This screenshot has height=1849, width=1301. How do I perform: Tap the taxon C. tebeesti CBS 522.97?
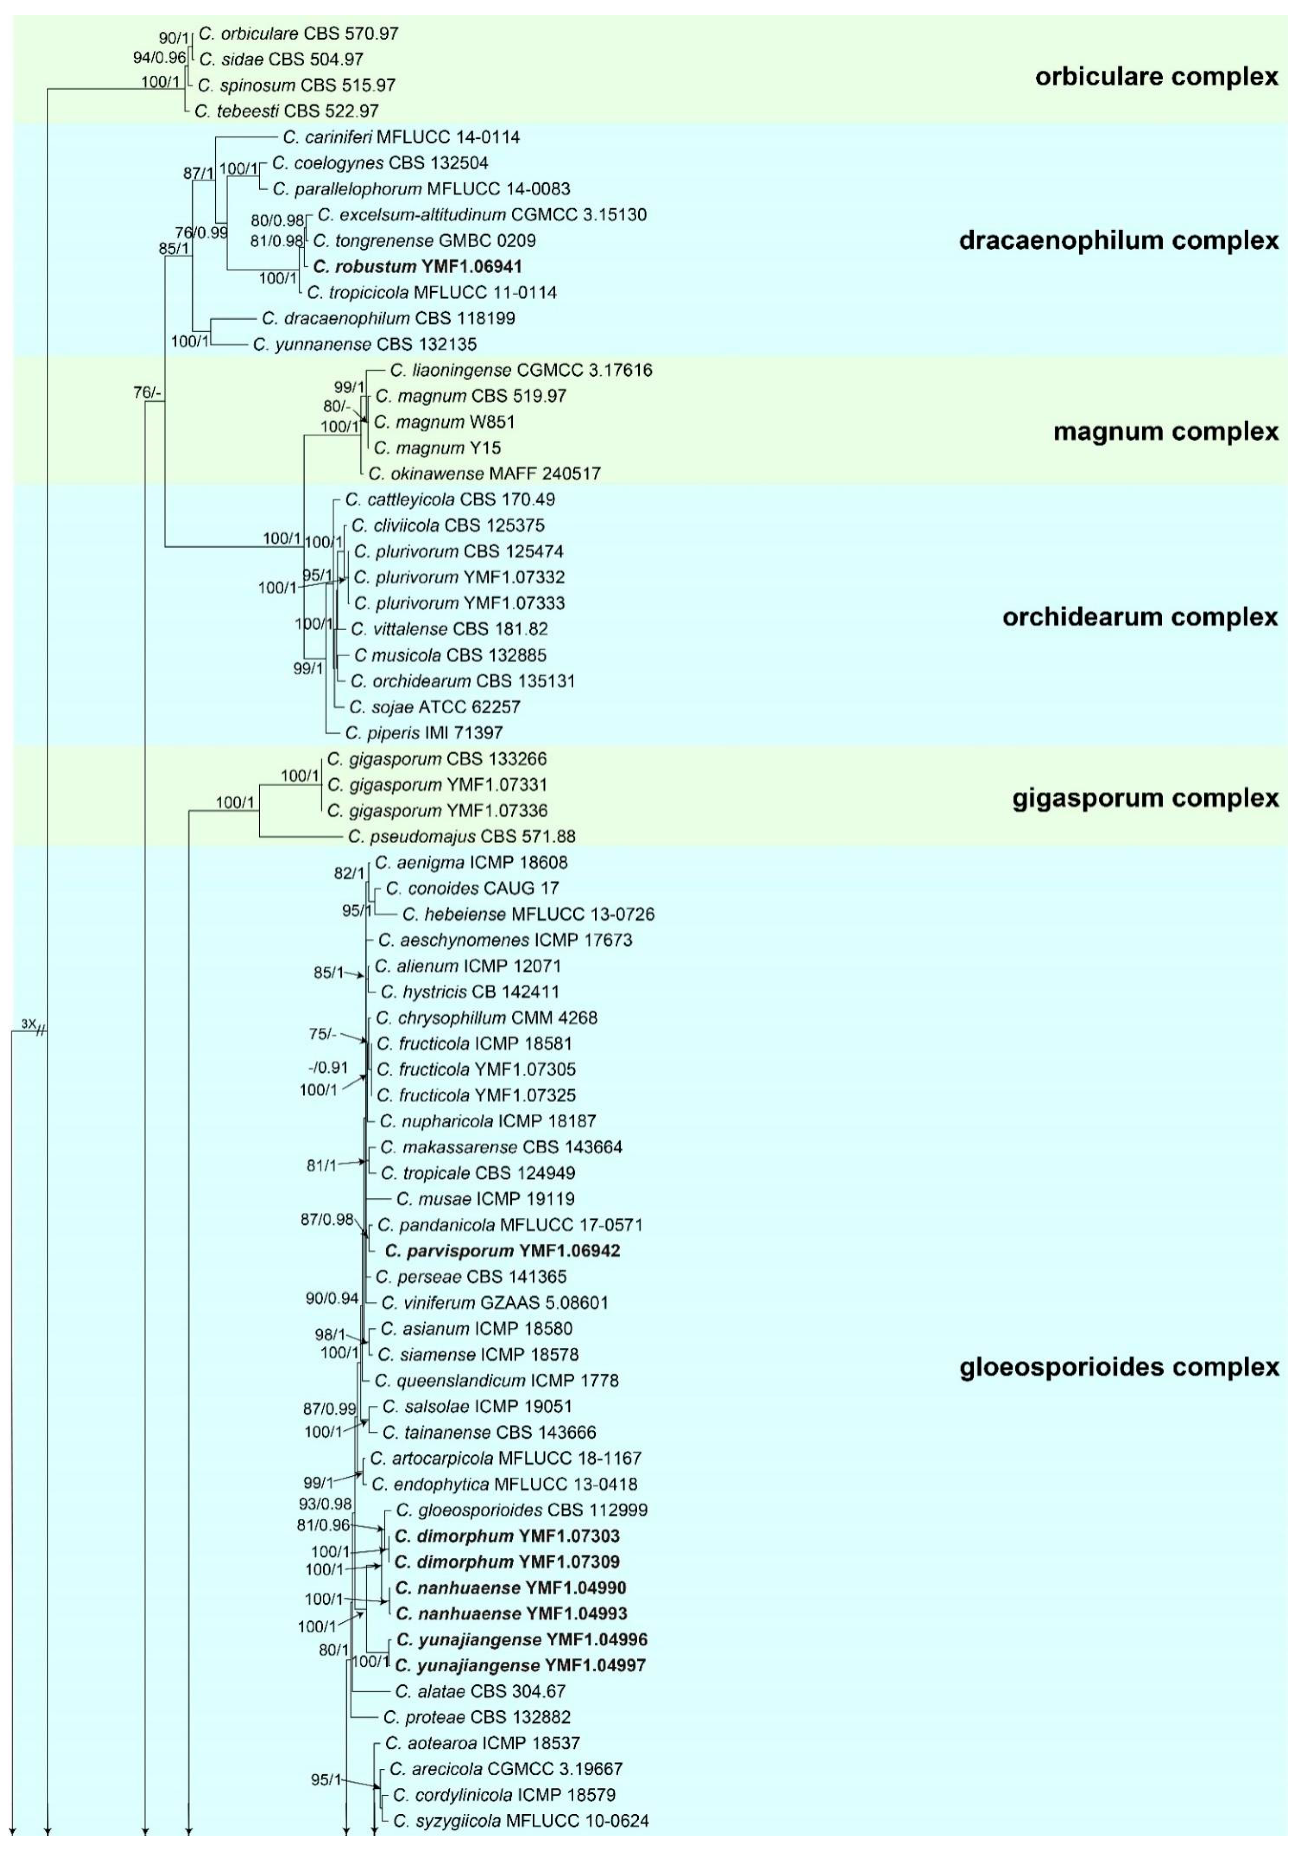point(286,111)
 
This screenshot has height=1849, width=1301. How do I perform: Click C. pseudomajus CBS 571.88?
point(461,837)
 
